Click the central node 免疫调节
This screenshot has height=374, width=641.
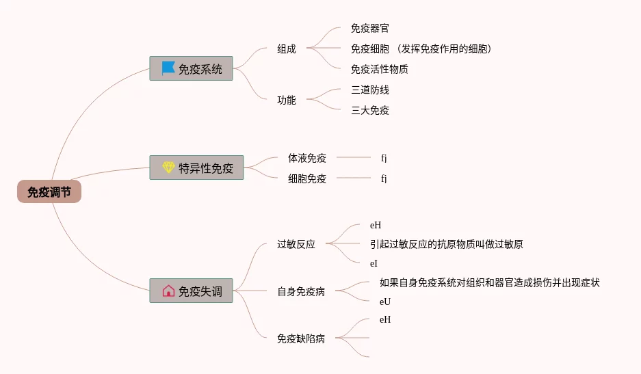49,192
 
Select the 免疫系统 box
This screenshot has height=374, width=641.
191,68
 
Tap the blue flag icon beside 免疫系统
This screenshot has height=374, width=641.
168,68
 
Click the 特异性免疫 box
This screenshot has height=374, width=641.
196,168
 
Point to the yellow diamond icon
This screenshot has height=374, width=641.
168,168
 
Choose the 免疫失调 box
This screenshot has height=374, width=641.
191,291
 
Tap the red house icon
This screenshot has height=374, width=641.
168,291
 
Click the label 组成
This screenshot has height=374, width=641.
287,49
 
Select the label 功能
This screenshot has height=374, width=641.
287,100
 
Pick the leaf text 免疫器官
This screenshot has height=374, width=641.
370,29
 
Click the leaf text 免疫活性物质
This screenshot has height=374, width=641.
380,69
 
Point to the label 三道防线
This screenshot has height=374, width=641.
370,90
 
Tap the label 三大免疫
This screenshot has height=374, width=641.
370,110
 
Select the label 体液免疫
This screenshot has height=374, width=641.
307,158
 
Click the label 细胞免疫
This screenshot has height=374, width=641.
307,178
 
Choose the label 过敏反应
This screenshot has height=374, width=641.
296,244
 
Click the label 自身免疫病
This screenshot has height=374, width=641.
301,291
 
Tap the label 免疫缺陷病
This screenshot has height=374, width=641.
301,338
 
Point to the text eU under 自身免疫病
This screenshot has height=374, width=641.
385,302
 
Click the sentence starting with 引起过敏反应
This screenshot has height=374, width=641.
446,244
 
